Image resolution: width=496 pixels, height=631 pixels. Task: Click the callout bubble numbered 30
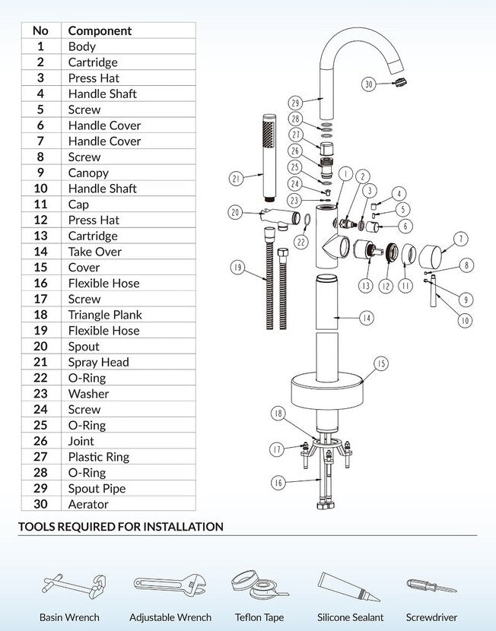pyautogui.click(x=369, y=84)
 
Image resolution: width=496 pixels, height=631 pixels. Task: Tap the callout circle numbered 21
pyautogui.click(x=237, y=179)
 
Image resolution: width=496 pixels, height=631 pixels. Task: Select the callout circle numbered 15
pyautogui.click(x=381, y=363)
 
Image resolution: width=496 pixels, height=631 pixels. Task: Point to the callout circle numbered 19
pyautogui.click(x=238, y=268)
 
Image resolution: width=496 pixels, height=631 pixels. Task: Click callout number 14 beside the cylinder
pyautogui.click(x=367, y=318)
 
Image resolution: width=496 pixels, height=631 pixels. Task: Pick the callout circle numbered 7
pyautogui.click(x=461, y=239)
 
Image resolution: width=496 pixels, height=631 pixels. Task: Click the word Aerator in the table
pyautogui.click(x=88, y=504)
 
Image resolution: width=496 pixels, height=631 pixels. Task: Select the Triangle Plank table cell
pyautogui.click(x=105, y=315)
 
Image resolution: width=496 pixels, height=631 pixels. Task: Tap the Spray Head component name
pyautogui.click(x=98, y=362)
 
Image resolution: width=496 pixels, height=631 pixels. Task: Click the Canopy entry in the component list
pyautogui.click(x=88, y=173)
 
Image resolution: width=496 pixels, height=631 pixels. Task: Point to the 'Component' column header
pyautogui.click(x=100, y=30)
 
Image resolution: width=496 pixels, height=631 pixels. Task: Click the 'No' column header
pyautogui.click(x=40, y=30)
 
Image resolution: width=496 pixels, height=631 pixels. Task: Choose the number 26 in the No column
pyautogui.click(x=40, y=441)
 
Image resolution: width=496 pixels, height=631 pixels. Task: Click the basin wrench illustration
pyautogui.click(x=69, y=587)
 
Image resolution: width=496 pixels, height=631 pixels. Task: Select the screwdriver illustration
pyautogui.click(x=431, y=587)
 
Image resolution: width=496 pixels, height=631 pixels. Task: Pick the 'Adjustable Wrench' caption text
pyautogui.click(x=170, y=617)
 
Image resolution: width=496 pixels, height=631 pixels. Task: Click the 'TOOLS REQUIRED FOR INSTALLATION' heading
pyautogui.click(x=120, y=526)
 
